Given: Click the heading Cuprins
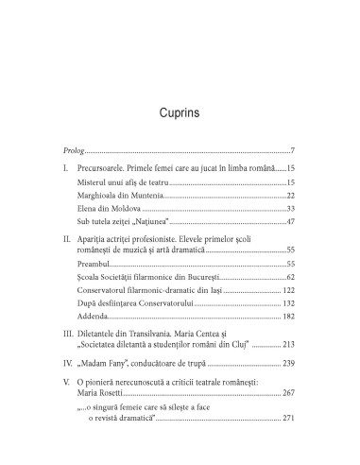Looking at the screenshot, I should coord(180,116).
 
